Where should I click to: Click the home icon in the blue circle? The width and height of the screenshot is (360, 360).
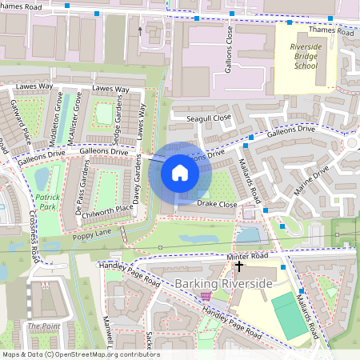[x=180, y=173]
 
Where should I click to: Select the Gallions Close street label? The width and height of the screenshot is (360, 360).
[x=229, y=49]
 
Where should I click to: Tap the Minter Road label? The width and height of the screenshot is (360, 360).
[x=247, y=256]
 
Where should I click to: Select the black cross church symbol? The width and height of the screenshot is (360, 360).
[x=238, y=265]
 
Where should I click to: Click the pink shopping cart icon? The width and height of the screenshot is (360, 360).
[x=206, y=296]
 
